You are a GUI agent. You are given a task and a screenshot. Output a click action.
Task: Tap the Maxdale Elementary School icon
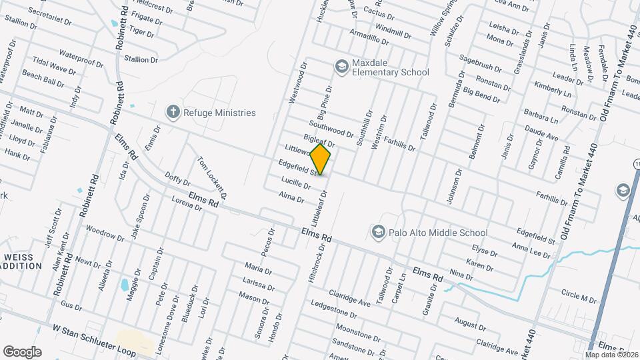tap(342, 66)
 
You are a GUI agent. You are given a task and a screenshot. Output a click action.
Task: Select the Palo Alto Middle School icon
tap(378, 232)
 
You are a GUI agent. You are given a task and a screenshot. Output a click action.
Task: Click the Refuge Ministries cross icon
tap(173, 112)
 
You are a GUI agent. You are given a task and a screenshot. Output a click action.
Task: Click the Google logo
tap(22, 351)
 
